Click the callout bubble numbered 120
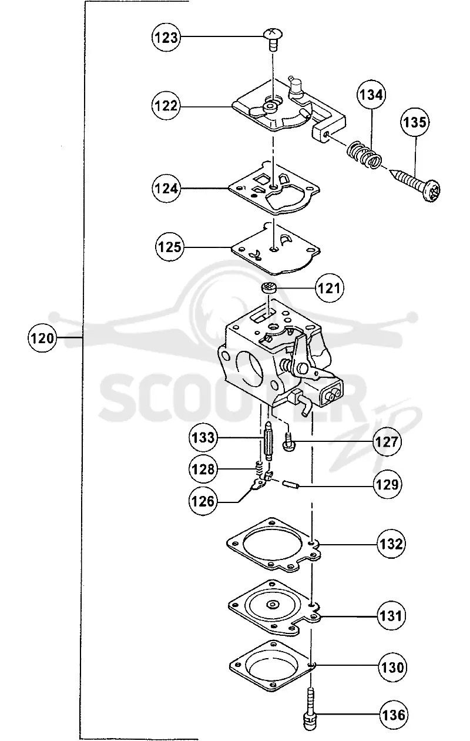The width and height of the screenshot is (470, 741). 42,338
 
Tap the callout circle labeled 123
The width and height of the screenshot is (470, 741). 166,38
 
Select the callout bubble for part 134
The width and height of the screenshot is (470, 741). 371,95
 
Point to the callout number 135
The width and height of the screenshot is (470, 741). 415,122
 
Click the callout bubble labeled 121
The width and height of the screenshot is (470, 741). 330,288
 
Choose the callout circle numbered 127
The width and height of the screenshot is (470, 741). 387,442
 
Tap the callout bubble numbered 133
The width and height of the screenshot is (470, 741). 203,438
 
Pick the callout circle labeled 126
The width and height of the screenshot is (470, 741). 203,501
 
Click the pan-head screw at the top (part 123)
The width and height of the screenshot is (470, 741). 273,39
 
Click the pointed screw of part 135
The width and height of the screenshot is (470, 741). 415,184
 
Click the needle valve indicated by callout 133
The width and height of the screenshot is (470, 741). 269,441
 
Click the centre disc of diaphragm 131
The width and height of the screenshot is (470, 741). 273,605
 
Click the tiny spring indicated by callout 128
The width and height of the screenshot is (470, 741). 259,467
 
